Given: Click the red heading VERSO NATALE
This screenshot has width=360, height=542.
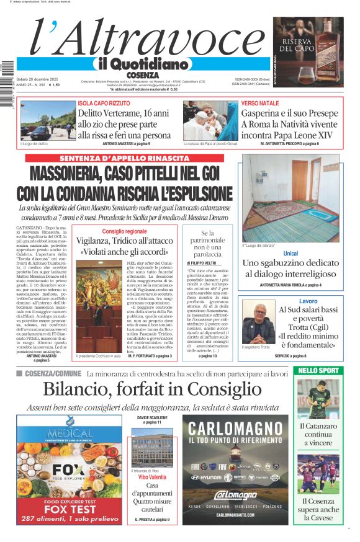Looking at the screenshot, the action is pos(259,102).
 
